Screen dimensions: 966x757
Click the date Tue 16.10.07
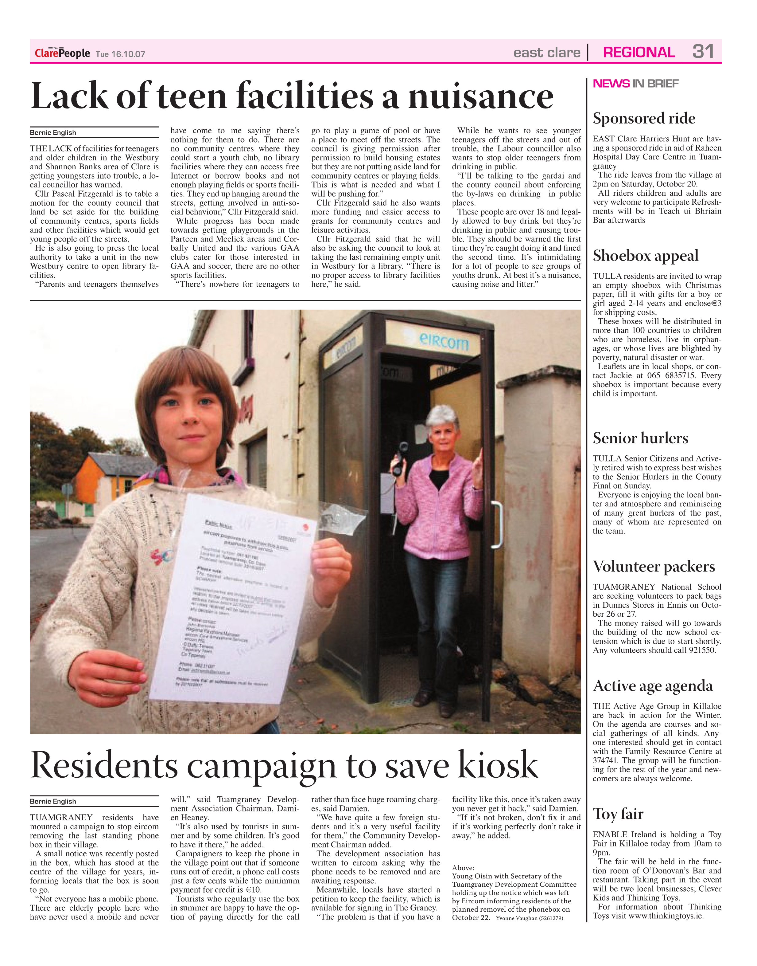pyautogui.click(x=121, y=54)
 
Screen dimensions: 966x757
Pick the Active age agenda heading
pyautogui.click(x=653, y=686)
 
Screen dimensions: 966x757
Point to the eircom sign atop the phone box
pyautogui.click(x=443, y=342)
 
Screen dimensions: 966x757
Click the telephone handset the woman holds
pyautogui.click(x=398, y=459)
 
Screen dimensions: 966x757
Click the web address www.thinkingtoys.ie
pyautogui.click(x=666, y=916)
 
